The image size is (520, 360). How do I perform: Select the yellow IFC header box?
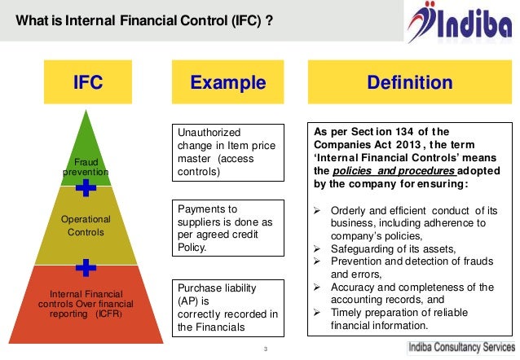(88, 82)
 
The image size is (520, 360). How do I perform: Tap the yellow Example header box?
(228, 82)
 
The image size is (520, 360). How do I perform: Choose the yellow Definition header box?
(410, 82)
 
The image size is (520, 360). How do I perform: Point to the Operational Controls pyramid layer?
(86, 226)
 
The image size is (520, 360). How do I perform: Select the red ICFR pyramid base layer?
(86, 303)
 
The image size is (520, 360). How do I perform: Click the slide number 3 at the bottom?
(266, 350)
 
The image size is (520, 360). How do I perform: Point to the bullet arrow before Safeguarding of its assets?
(319, 248)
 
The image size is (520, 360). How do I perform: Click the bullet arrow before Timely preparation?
(319, 314)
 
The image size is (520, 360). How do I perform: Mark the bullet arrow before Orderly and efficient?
(319, 209)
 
